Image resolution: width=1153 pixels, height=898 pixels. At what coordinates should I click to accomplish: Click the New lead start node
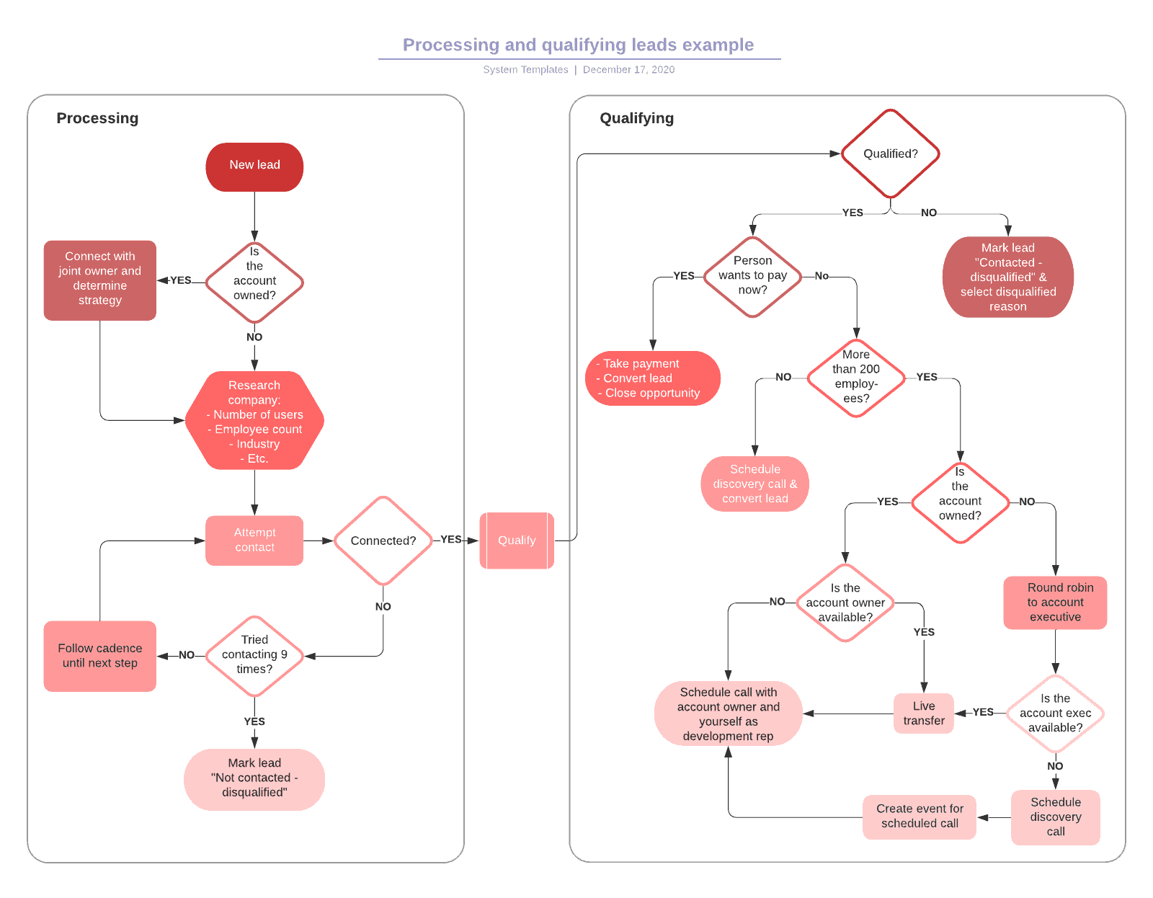[x=254, y=166]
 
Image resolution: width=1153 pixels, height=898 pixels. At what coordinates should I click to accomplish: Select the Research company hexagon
[x=254, y=421]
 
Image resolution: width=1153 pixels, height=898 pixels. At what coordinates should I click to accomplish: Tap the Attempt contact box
[x=254, y=540]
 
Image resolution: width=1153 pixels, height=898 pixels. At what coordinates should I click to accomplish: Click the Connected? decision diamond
[x=383, y=541]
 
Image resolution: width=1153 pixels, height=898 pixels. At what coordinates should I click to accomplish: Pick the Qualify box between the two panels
[x=517, y=541]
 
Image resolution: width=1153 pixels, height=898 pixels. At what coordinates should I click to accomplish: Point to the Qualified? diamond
[x=890, y=154]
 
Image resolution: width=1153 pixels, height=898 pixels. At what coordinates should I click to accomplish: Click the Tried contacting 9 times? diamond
[x=254, y=655]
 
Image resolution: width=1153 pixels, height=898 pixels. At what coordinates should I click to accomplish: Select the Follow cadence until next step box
[x=100, y=656]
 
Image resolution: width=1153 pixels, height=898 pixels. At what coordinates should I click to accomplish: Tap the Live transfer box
[x=924, y=713]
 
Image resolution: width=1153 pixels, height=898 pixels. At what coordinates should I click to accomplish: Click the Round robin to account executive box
[x=1055, y=603]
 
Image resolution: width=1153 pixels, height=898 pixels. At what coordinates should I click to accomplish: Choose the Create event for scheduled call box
[x=920, y=817]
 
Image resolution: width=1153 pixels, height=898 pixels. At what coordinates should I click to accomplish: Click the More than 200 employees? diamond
[x=856, y=377]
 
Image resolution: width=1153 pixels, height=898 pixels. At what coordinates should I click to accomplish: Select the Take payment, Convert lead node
[x=652, y=378]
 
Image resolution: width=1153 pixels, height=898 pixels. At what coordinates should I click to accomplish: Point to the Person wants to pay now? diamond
[x=752, y=276]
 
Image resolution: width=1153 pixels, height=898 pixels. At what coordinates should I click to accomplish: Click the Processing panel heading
[x=97, y=118]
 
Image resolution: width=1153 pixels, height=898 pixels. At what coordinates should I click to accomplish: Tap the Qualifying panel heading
[x=636, y=118]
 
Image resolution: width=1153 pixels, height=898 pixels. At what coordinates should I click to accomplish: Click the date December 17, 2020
[x=628, y=70]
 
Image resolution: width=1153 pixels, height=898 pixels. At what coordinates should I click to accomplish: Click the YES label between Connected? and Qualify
[x=451, y=539]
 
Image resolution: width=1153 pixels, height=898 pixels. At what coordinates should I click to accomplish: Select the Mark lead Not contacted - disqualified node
[x=254, y=778]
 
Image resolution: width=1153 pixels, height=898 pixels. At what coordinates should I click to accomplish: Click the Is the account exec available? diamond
[x=1055, y=713]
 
